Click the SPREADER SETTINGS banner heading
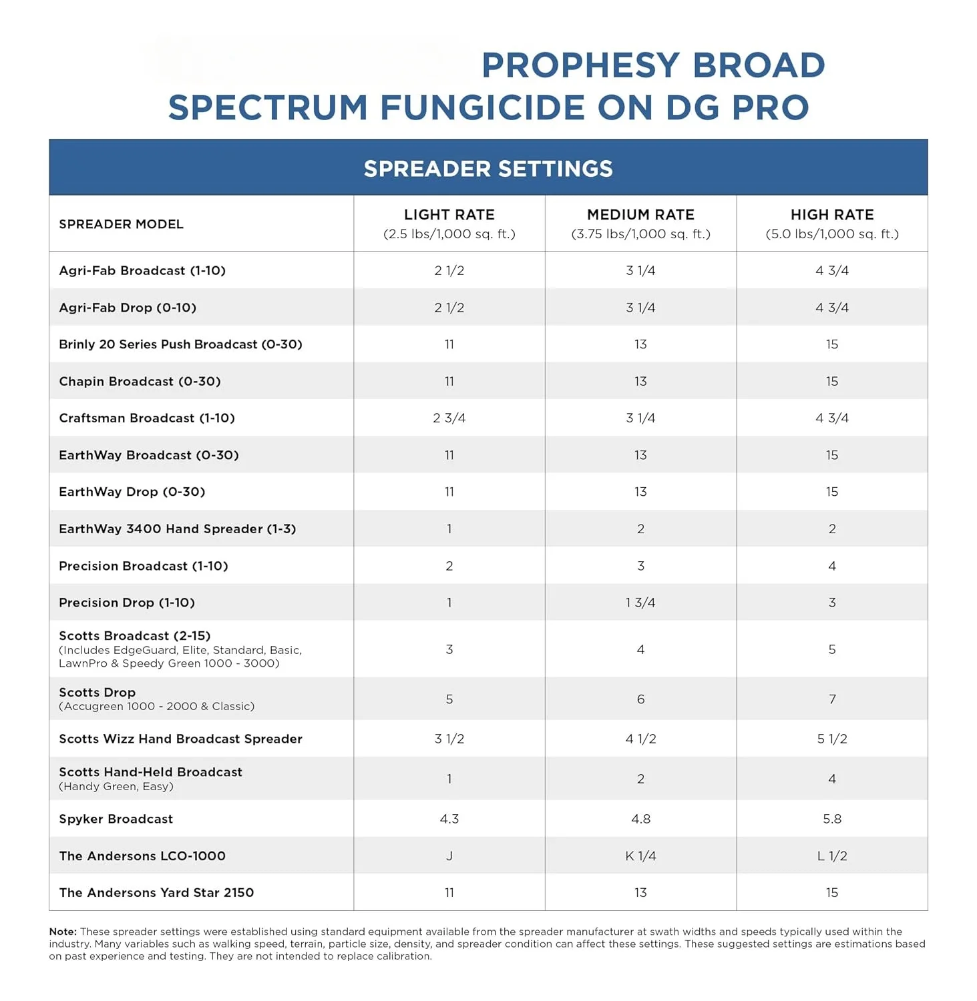(x=488, y=169)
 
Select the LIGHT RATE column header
(x=449, y=215)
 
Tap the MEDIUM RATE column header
(x=640, y=215)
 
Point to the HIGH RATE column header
(x=832, y=215)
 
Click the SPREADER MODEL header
(x=121, y=224)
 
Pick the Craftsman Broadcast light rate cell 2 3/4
(x=449, y=418)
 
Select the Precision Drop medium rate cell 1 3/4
(x=640, y=603)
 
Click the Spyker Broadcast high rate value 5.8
(x=832, y=819)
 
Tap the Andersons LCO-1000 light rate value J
(x=449, y=856)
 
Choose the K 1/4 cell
(x=640, y=856)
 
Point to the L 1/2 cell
(x=832, y=856)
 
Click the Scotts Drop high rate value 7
(x=832, y=699)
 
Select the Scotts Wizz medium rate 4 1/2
(x=640, y=739)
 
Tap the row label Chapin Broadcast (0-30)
(x=140, y=382)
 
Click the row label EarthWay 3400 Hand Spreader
(x=177, y=529)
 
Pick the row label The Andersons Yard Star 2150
(x=156, y=893)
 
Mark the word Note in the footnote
(x=62, y=932)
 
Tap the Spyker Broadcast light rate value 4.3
(x=449, y=819)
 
